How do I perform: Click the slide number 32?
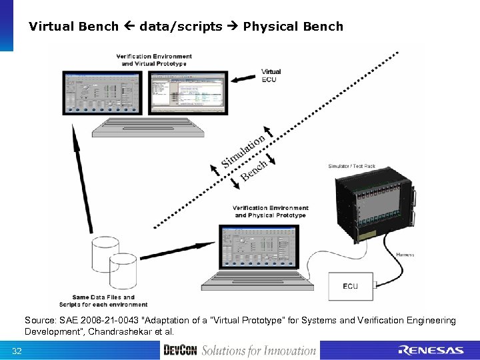(x=17, y=351)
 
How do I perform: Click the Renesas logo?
(x=430, y=351)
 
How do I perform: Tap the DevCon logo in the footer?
(x=180, y=351)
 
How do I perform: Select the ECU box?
(x=350, y=286)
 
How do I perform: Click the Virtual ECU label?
(x=271, y=75)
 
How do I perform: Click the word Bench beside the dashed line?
(x=254, y=170)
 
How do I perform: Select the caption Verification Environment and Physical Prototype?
(x=270, y=212)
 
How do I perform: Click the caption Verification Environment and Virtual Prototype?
(x=154, y=60)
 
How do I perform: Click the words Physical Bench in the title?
(x=293, y=27)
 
